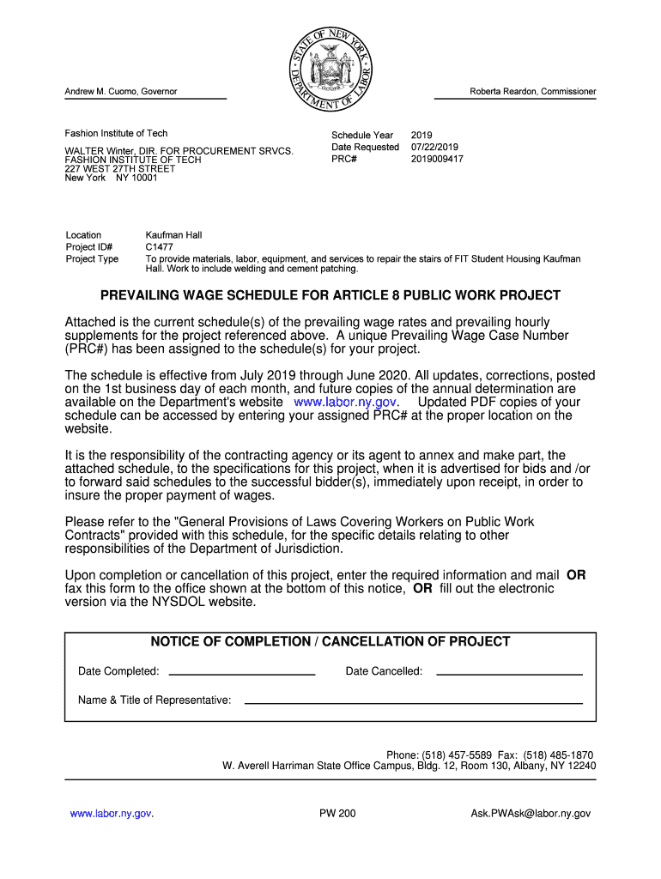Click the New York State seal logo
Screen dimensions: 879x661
pos(330,68)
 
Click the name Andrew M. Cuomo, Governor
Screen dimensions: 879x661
pos(121,92)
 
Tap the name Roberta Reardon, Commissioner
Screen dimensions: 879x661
pos(532,92)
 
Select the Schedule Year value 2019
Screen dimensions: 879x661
pos(421,135)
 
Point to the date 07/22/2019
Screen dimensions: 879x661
pos(434,147)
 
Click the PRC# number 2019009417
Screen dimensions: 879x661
pos(437,159)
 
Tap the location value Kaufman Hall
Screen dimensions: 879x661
pos(173,235)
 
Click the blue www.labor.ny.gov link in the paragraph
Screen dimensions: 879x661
pos(344,402)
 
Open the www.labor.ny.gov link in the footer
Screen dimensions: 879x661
pos(111,813)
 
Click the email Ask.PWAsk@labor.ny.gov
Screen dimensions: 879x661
pos(531,813)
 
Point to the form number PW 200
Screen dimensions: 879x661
pos(337,813)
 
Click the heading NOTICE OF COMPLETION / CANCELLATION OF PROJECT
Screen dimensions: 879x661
pos(330,642)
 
